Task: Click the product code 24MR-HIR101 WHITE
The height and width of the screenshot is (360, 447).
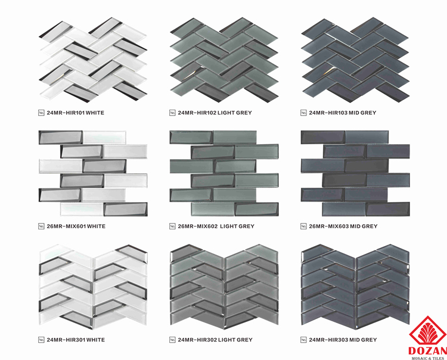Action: tap(76, 113)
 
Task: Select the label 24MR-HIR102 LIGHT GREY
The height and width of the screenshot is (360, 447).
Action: tap(215, 113)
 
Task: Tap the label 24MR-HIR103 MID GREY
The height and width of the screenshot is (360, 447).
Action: tap(343, 113)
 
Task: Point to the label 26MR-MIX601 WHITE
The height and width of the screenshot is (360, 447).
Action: tap(76, 226)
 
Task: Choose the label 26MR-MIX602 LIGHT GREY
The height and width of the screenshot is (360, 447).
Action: tap(216, 226)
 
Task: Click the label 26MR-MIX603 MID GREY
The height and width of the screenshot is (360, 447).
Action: tap(343, 226)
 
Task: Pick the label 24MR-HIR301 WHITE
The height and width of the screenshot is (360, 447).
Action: tap(76, 340)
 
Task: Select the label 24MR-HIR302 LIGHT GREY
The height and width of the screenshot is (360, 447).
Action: tap(215, 340)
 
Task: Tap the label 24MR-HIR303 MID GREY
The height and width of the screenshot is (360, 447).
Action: tap(343, 340)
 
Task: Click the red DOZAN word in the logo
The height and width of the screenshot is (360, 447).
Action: tap(427, 351)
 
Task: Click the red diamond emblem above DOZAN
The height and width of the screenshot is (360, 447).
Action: tap(428, 331)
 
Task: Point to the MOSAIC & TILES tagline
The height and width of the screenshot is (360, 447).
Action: tap(427, 358)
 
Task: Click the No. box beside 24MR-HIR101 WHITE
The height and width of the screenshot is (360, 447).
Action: tap(41, 113)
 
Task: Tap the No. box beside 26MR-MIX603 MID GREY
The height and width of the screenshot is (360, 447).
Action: tap(303, 226)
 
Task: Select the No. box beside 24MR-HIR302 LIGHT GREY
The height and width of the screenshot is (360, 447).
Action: tap(172, 340)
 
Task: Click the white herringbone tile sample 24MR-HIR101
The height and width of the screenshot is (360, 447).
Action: tap(93, 60)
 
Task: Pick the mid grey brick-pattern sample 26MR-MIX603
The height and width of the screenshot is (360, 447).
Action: tap(355, 173)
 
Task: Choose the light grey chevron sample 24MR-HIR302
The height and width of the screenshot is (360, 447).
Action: tap(224, 287)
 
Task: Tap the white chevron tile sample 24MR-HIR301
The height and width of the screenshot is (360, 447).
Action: tap(93, 287)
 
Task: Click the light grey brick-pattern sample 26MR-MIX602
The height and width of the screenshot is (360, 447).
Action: tap(224, 173)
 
